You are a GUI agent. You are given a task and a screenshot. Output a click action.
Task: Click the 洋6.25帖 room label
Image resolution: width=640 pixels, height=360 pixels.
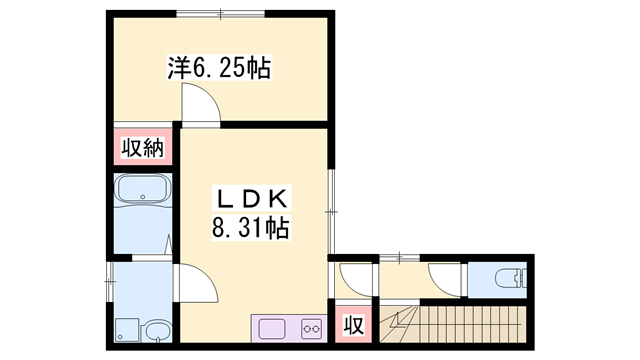[219, 68]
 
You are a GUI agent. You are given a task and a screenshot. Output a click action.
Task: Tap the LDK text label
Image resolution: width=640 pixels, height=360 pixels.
[251, 200]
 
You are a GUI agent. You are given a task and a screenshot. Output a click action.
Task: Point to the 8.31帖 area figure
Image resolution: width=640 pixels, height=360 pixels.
[251, 227]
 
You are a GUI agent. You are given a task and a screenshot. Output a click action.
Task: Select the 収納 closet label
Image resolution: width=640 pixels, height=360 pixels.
[142, 148]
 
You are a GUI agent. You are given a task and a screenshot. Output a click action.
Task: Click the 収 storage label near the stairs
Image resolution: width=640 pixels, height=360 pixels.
[353, 325]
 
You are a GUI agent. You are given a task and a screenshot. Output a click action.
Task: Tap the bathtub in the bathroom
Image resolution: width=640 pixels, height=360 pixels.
[143, 189]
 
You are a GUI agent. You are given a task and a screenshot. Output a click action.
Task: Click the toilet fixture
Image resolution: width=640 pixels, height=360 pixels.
[510, 280]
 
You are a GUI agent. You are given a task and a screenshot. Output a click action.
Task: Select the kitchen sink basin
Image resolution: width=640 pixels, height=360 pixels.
[272, 329]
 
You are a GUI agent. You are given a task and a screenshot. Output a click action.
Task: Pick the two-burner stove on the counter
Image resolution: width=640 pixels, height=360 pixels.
[311, 329]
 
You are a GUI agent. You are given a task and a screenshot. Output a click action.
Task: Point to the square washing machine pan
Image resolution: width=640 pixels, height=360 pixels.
[127, 330]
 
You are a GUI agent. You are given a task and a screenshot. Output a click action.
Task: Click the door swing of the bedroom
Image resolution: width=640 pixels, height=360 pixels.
[201, 103]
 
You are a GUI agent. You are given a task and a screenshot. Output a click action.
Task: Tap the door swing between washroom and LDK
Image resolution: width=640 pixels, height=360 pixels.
[198, 283]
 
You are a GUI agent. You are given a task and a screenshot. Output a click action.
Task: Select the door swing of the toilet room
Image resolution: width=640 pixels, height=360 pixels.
[445, 280]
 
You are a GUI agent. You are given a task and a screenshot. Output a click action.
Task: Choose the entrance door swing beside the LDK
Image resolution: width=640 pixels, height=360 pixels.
[355, 280]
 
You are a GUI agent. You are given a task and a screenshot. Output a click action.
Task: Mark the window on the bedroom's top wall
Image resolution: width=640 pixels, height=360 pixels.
[221, 14]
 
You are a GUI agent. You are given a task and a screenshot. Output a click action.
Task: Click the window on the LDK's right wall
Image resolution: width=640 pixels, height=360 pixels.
[331, 211]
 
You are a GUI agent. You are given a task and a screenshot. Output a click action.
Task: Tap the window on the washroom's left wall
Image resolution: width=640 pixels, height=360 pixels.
[109, 282]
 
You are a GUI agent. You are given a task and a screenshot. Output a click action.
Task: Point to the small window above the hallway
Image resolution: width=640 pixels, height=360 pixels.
[400, 257]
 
